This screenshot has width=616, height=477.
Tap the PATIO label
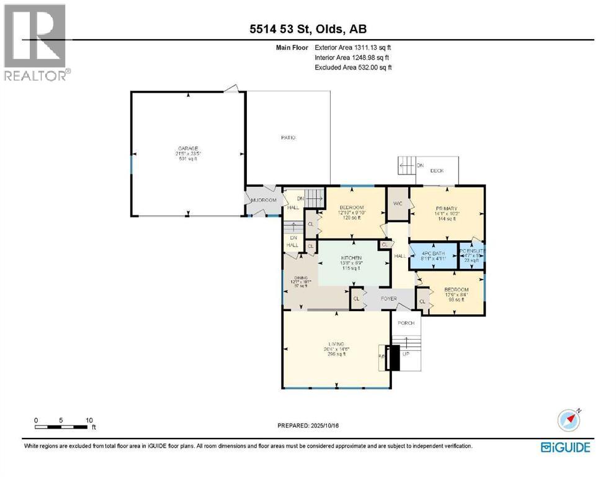point(287,137)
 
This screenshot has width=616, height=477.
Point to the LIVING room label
point(336,343)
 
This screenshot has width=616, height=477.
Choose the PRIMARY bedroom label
point(446,208)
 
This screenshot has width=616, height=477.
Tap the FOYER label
point(388,299)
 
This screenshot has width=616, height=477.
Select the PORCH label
point(406,323)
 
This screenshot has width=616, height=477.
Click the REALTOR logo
point(36,42)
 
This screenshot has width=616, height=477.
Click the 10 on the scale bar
point(89,420)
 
